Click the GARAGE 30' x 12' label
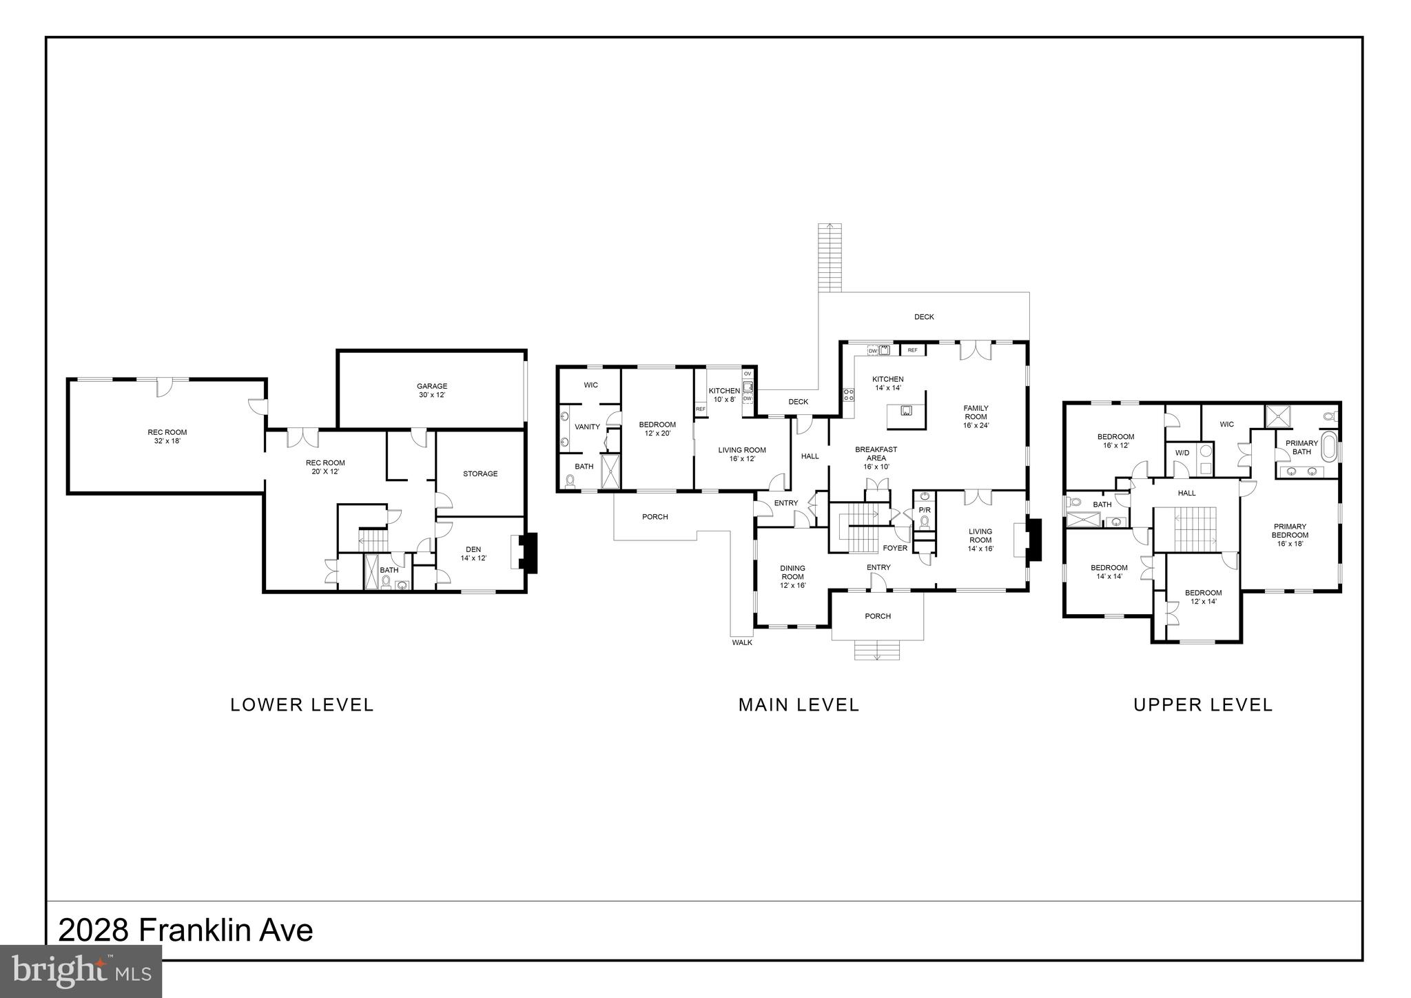tap(432, 391)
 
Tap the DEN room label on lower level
tap(473, 553)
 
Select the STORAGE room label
tap(480, 473)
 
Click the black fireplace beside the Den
tap(528, 553)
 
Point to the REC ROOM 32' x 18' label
tap(167, 436)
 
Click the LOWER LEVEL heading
tap(302, 704)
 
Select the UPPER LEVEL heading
tap(1203, 704)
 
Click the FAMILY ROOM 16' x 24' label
tap(976, 417)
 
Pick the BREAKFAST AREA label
tap(876, 458)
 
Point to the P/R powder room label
tap(925, 510)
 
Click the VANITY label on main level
tap(587, 427)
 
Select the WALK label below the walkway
tap(742, 642)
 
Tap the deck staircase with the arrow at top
tap(830, 258)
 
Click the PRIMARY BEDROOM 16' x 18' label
tap(1290, 535)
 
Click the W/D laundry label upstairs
tap(1182, 453)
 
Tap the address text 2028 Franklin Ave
tap(185, 930)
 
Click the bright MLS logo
tap(81, 971)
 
